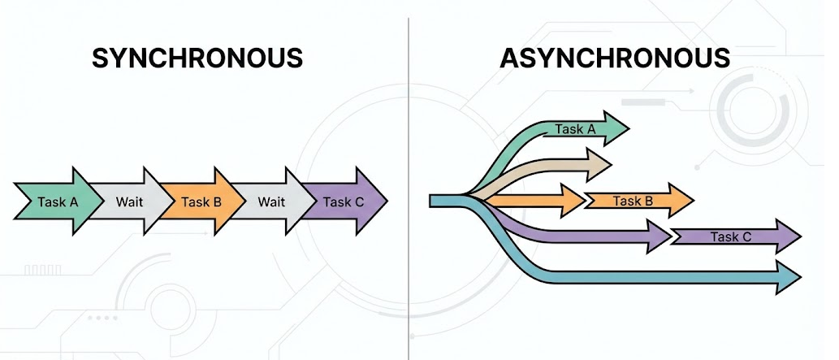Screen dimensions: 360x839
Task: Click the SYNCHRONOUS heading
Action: point(197,59)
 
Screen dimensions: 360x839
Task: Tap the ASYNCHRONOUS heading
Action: point(615,59)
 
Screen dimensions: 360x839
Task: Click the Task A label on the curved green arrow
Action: point(575,129)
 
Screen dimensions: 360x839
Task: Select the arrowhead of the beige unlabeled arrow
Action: point(600,164)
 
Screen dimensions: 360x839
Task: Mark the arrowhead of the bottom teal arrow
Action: point(790,277)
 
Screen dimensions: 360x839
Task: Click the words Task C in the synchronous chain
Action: point(343,202)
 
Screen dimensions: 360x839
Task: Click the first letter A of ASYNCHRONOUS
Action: point(509,59)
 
